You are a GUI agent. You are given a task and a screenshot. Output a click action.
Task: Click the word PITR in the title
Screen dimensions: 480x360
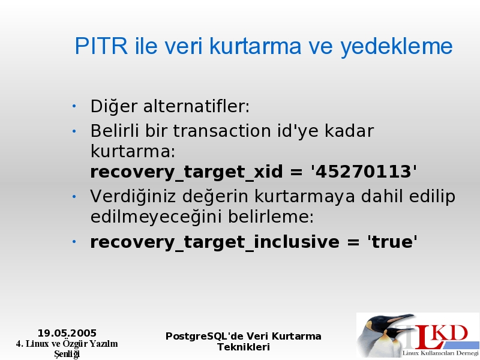pos(101,46)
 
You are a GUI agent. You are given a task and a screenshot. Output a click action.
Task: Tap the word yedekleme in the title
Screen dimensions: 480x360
pos(397,47)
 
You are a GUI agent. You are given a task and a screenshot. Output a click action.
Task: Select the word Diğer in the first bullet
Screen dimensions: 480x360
pos(114,106)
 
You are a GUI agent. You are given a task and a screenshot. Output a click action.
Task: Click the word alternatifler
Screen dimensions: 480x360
pos(197,106)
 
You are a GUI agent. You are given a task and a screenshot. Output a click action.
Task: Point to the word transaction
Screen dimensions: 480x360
pos(222,131)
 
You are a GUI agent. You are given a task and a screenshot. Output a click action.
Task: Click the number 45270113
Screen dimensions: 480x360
pos(364,172)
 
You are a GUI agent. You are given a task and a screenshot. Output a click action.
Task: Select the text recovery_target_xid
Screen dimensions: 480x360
pos(187,172)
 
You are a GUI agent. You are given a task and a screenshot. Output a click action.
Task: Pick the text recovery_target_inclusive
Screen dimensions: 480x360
pos(215,242)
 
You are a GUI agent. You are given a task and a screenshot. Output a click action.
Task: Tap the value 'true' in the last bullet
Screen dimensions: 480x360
pos(392,242)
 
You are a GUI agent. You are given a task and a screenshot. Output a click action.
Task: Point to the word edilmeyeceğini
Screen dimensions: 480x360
pos(156,217)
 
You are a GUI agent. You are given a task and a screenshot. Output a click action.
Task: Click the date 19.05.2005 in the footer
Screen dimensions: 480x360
pos(67,333)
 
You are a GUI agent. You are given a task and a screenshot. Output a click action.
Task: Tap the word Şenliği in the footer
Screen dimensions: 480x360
pos(67,354)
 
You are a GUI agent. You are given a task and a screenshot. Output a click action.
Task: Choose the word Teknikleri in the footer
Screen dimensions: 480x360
pos(244,347)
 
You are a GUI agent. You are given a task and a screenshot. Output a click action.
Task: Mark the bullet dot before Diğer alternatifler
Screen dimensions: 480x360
pos(74,106)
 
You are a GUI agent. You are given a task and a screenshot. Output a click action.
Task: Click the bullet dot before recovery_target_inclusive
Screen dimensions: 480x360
pos(74,242)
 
